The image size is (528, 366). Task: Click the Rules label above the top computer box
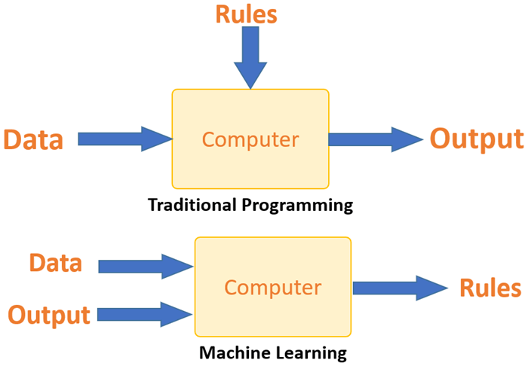(247, 14)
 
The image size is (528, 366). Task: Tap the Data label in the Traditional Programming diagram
(32, 139)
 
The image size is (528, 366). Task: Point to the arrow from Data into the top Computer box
(124, 139)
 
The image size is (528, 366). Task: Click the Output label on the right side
(476, 139)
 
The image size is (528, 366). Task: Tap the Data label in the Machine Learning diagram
(55, 263)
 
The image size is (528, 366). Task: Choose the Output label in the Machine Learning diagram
(49, 315)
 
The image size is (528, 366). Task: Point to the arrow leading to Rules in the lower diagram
(400, 287)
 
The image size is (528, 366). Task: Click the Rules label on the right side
(490, 288)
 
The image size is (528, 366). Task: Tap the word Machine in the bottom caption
(230, 352)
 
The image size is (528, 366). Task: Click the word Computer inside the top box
(250, 139)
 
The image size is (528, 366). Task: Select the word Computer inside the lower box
(273, 288)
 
